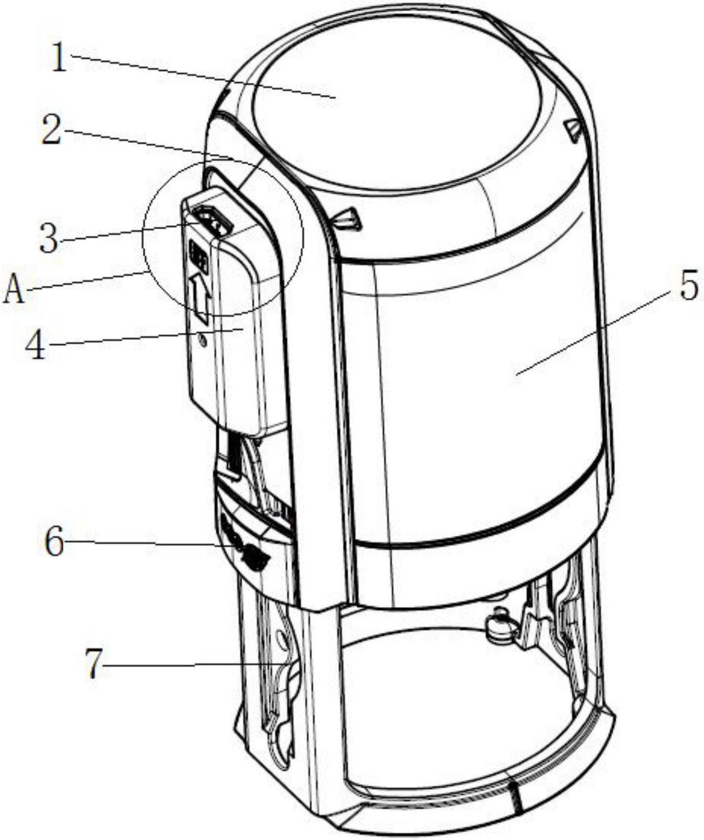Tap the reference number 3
coord(49,239)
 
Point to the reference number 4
coord(36,346)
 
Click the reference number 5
coord(688,285)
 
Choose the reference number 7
coord(94,664)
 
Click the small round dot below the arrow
coord(203,342)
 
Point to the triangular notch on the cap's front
coord(348,218)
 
